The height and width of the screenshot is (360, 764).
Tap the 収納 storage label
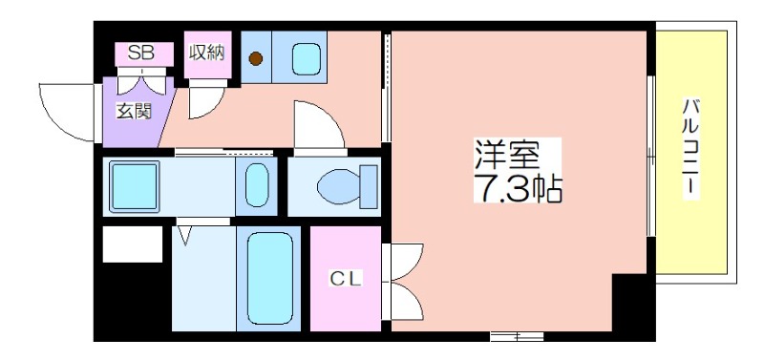pyautogui.click(x=206, y=52)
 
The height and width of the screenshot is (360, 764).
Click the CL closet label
pyautogui.click(x=344, y=278)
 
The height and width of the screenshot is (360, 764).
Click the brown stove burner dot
pyautogui.click(x=256, y=58)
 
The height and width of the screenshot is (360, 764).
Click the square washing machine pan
pyautogui.click(x=135, y=185)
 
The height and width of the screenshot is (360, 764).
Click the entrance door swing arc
pyautogui.click(x=67, y=110)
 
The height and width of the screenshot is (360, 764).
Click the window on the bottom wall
pyautogui.click(x=516, y=336)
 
